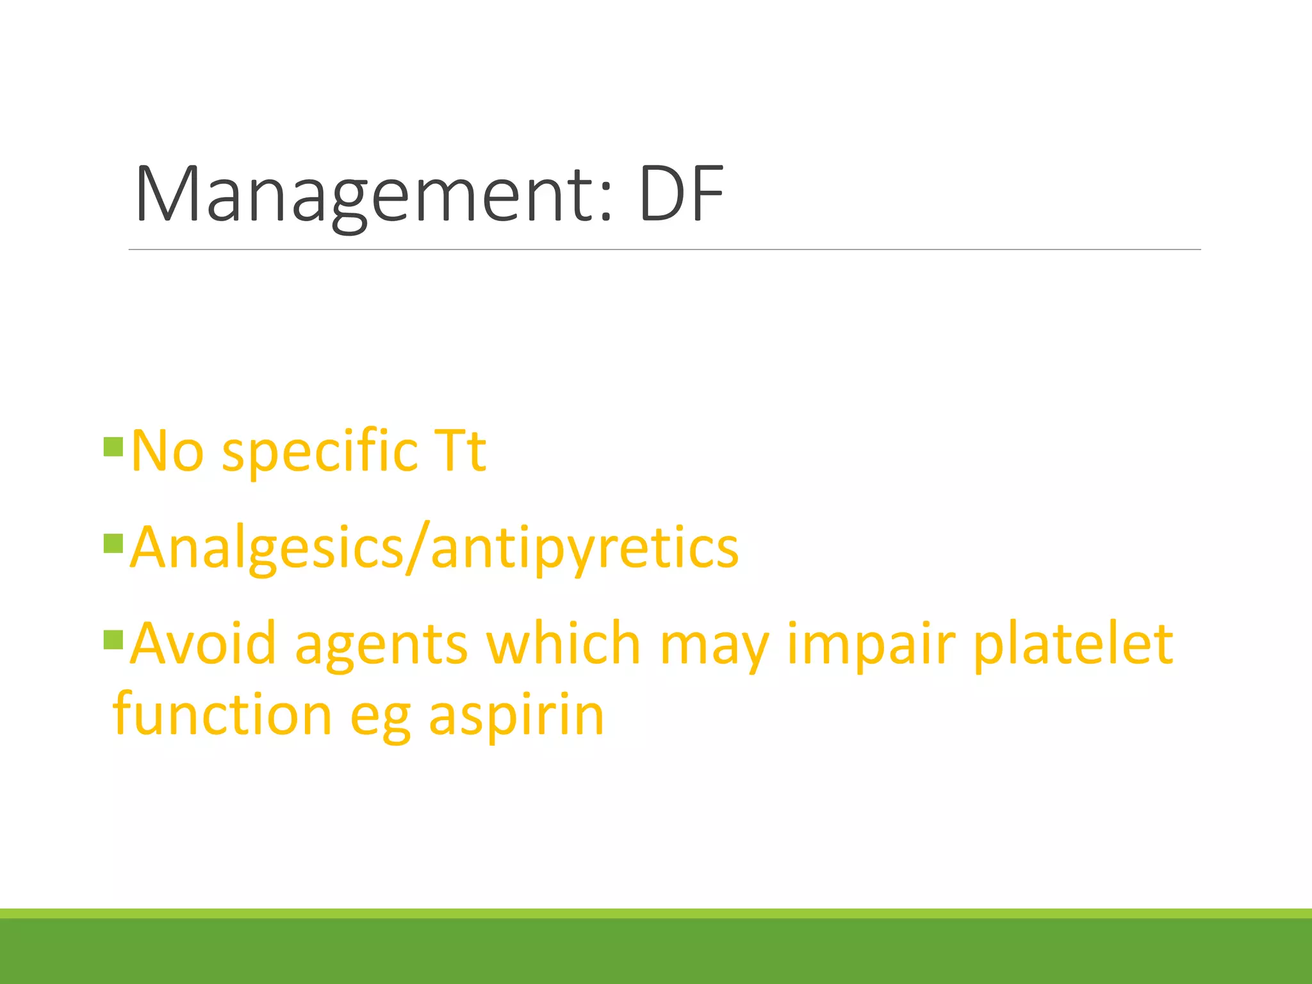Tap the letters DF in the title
(681, 194)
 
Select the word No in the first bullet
(167, 451)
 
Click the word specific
(320, 452)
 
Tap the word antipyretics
(584, 548)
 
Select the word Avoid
(203, 643)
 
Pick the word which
(563, 643)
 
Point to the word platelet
(1073, 644)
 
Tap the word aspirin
(516, 715)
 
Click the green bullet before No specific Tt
(113, 447)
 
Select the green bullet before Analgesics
(113, 544)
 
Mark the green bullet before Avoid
(113, 639)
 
